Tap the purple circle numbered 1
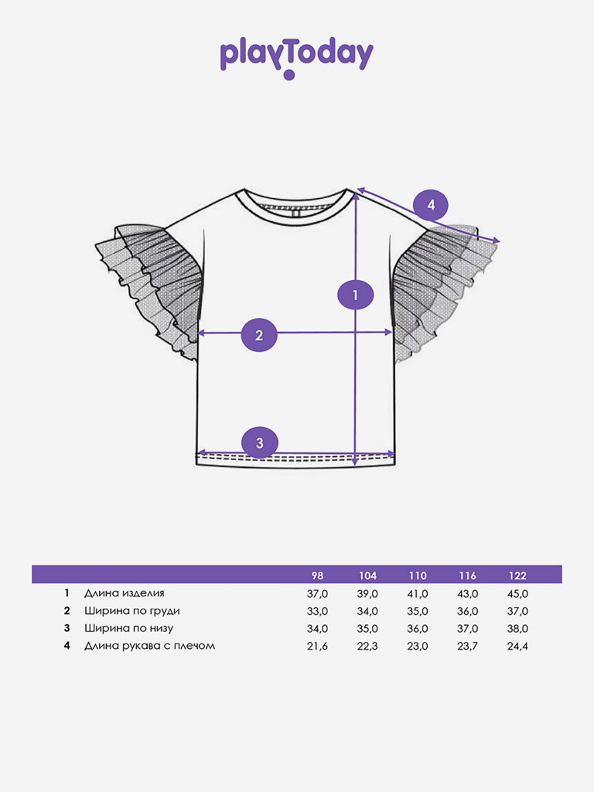(x=355, y=295)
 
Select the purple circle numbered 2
(x=259, y=335)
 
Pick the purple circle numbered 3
(x=260, y=442)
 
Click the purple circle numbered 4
(x=431, y=204)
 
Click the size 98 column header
(x=317, y=575)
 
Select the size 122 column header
(x=517, y=575)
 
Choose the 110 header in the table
(x=418, y=575)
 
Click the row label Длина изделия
(x=125, y=593)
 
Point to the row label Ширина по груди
(x=131, y=611)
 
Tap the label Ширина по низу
(x=129, y=628)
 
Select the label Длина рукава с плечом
(x=149, y=646)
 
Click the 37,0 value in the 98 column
(x=317, y=593)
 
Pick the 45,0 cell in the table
(x=517, y=593)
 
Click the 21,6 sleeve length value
(x=317, y=646)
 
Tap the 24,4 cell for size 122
(x=517, y=646)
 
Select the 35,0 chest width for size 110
(x=418, y=611)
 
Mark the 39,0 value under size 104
(x=367, y=593)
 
